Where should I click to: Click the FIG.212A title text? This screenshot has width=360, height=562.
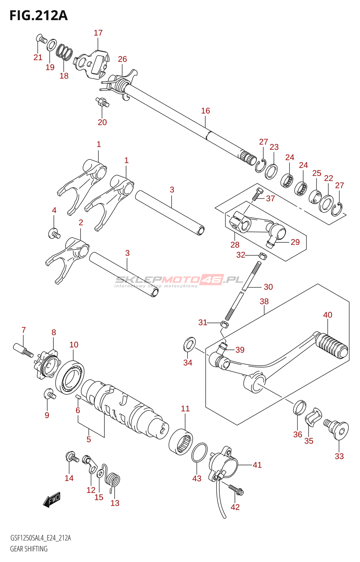(x=38, y=16)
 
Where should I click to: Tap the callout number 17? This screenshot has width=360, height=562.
(x=98, y=33)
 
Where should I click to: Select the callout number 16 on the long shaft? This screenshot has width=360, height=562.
(x=205, y=111)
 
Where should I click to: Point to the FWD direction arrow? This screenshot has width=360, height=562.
(x=52, y=499)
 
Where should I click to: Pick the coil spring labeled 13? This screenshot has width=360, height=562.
(x=114, y=481)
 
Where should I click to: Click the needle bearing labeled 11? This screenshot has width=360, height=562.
(x=181, y=442)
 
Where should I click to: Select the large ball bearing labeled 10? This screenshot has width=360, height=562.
(x=70, y=376)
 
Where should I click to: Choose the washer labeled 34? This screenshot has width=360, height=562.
(x=190, y=344)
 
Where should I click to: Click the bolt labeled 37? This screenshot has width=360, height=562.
(x=258, y=194)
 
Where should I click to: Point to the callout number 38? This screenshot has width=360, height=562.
(x=264, y=301)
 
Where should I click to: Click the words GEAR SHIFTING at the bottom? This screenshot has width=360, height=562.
(x=29, y=549)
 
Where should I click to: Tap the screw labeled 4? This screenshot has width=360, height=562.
(x=54, y=233)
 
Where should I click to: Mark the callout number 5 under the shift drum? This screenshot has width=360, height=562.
(x=89, y=439)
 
